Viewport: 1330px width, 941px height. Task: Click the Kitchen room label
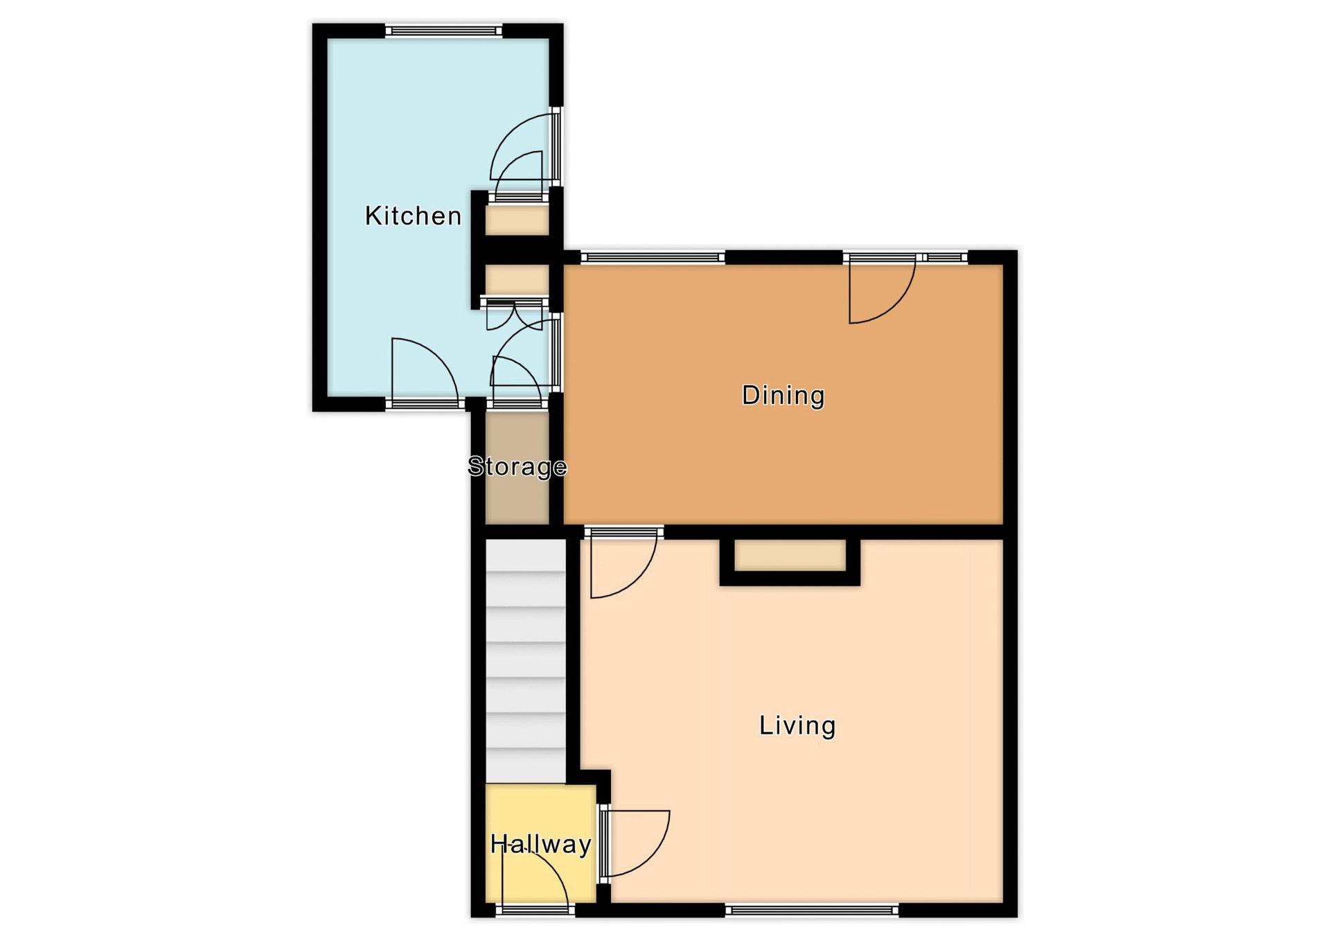413,216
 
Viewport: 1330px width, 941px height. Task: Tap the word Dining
783,396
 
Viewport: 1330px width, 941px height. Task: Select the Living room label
797,725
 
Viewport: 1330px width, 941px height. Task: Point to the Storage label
517,466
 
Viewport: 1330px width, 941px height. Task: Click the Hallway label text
540,844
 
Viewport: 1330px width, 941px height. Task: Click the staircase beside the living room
526,662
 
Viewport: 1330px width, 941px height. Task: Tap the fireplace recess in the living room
790,556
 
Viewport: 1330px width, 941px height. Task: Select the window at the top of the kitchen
444,30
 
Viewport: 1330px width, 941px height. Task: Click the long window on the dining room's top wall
653,258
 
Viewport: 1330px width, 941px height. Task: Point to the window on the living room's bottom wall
812,910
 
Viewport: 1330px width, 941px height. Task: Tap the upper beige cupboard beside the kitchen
517,220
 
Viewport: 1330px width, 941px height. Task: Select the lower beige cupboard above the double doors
517,280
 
